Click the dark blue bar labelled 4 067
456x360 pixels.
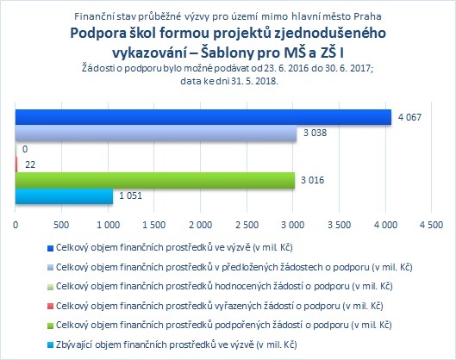(x=203, y=117)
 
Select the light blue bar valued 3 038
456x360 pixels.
(x=156, y=133)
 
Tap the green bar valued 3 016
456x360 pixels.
(x=155, y=180)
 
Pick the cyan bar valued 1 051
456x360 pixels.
(x=64, y=196)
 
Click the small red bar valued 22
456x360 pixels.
(x=16, y=164)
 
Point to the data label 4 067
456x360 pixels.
(x=409, y=117)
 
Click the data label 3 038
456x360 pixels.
(x=315, y=133)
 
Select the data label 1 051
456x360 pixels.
(x=130, y=196)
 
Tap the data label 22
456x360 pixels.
(x=30, y=164)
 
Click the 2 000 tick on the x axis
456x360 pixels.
(x=200, y=225)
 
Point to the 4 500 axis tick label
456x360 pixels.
(x=432, y=225)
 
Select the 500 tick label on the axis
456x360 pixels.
(x=61, y=225)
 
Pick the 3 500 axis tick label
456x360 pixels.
(x=339, y=225)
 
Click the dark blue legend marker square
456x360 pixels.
(x=50, y=248)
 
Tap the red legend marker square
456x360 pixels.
(x=50, y=307)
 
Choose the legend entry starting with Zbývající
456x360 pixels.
(x=176, y=344)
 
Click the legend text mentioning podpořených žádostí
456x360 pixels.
(x=223, y=326)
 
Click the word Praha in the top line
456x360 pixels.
(x=367, y=16)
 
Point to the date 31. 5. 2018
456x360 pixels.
(x=254, y=81)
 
